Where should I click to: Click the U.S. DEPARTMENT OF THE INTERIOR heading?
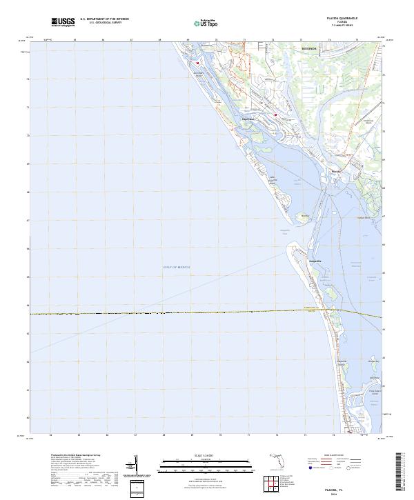104,19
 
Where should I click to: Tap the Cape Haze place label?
248,118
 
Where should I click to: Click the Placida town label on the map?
335,171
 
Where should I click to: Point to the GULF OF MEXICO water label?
176,266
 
